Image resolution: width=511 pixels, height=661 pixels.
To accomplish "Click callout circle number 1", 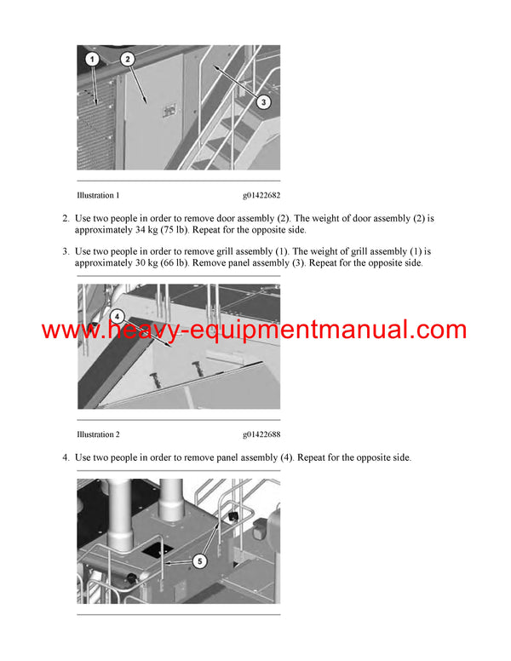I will (93, 59).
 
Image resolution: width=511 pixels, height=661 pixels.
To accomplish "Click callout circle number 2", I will (127, 59).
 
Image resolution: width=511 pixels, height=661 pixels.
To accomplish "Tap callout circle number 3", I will (264, 102).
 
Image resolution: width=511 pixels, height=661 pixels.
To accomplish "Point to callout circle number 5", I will (199, 561).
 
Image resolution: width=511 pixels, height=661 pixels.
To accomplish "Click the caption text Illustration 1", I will (98, 195).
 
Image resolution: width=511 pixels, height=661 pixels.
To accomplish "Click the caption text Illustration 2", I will (98, 434).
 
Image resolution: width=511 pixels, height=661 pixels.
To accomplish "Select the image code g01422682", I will (261, 195).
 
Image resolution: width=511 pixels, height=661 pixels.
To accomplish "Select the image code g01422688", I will (261, 434).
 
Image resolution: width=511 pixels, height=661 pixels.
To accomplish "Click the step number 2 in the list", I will (66, 219).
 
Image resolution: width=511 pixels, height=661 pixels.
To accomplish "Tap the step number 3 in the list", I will (66, 252).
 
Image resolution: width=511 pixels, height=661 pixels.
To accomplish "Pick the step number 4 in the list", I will (66, 458).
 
